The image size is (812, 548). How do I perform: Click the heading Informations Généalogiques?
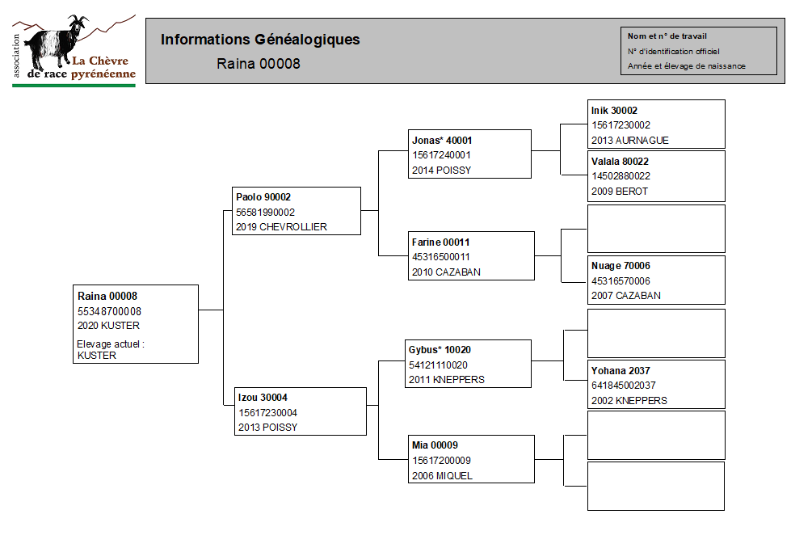[260, 40]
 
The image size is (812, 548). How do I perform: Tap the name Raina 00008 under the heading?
[259, 64]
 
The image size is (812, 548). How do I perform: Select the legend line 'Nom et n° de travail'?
[667, 36]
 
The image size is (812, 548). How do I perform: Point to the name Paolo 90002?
[263, 197]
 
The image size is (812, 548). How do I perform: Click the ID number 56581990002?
[265, 213]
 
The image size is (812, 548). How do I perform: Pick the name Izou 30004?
[263, 398]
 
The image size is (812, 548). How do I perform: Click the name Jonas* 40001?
[442, 141]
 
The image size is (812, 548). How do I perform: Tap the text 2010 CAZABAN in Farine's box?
[446, 272]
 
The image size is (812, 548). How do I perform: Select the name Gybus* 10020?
[440, 350]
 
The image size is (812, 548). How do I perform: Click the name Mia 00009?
[435, 445]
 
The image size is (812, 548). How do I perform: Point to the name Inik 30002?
[614, 110]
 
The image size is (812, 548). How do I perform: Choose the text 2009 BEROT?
[620, 191]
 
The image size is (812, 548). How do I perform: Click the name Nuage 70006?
[621, 266]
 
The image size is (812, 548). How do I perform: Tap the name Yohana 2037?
[621, 371]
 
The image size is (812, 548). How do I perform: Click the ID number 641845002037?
[624, 386]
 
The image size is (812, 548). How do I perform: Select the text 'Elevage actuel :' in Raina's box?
[111, 344]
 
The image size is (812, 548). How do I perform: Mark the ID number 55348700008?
[109, 311]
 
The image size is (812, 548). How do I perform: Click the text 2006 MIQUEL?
[442, 475]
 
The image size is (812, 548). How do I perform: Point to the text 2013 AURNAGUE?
[629, 141]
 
